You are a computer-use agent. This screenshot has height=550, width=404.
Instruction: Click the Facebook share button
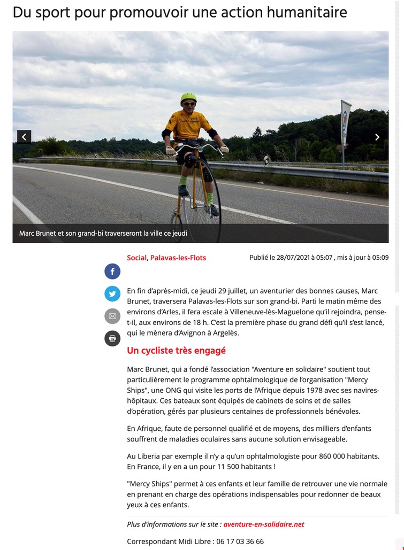(112, 272)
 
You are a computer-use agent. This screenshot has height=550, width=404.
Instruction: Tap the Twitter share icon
(112, 293)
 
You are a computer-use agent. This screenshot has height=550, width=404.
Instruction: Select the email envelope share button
(112, 316)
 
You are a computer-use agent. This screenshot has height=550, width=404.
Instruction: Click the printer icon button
(112, 338)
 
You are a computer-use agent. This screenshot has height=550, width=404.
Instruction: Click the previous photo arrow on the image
(24, 137)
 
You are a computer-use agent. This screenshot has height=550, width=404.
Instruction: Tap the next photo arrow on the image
(377, 137)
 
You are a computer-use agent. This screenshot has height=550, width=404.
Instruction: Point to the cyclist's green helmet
(188, 98)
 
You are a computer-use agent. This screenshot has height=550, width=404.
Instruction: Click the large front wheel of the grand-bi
(200, 192)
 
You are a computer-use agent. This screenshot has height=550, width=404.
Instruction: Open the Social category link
(136, 258)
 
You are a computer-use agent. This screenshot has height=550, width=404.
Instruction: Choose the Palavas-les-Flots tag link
(178, 258)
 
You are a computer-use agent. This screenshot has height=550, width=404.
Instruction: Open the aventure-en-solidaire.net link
(264, 524)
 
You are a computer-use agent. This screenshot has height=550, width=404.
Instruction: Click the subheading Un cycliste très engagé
(177, 351)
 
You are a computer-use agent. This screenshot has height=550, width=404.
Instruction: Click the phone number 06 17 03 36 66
(240, 541)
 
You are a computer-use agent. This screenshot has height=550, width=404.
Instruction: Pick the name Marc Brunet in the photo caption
(37, 234)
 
